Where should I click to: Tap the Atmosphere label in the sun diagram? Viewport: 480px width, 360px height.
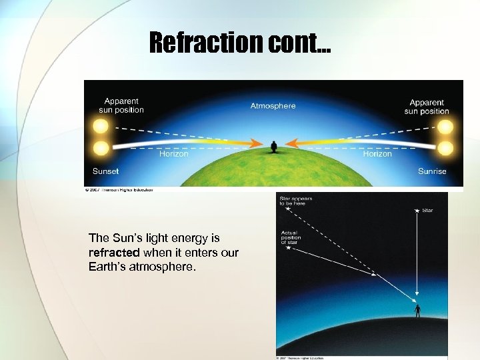click(273, 106)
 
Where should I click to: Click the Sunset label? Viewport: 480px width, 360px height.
click(105, 171)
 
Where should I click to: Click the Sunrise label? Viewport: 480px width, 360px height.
click(432, 171)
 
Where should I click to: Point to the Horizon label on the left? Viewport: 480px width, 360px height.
click(173, 154)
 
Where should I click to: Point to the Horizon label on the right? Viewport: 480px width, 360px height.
click(377, 154)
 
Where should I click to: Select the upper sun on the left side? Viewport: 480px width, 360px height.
click(101, 126)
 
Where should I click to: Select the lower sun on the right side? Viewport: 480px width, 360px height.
click(445, 147)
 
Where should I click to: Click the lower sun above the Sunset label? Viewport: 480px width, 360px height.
click(101, 147)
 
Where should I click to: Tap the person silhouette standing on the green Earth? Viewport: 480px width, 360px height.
click(273, 147)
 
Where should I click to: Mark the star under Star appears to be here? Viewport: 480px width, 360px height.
click(288, 209)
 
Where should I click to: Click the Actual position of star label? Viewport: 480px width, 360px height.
click(291, 237)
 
